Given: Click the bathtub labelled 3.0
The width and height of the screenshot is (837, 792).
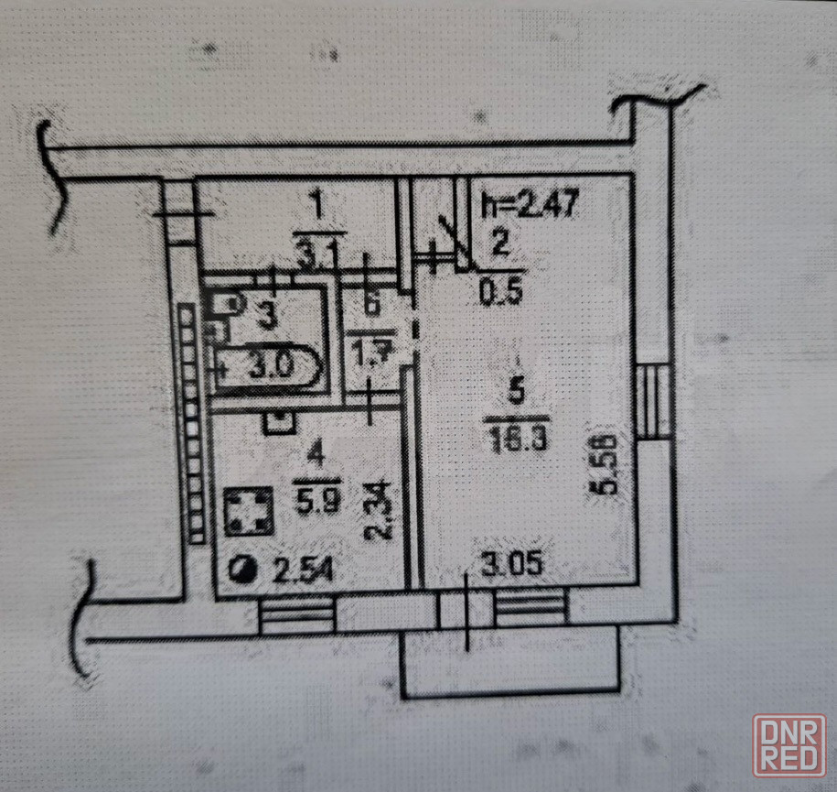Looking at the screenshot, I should point(267,368).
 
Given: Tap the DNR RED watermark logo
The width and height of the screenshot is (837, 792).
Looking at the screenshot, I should point(789,744).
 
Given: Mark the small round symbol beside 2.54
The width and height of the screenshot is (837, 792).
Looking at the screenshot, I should point(246,571).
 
